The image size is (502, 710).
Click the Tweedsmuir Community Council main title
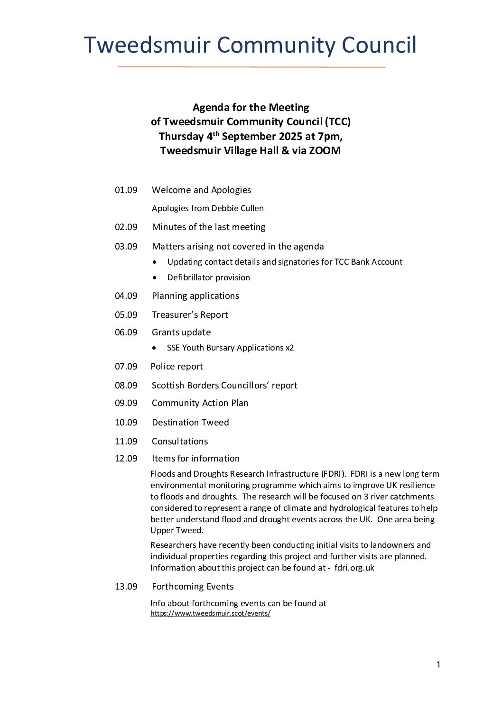click(250, 46)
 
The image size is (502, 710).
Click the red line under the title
click(251, 67)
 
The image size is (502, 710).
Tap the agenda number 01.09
click(126, 190)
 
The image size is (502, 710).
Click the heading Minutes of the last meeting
click(208, 227)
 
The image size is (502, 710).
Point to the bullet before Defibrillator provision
click(155, 277)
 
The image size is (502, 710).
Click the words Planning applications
click(195, 296)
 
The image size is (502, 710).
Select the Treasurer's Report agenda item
click(190, 315)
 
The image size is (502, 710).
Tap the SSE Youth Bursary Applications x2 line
click(230, 348)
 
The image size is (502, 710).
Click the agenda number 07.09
click(126, 367)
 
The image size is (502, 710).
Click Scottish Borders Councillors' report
click(224, 386)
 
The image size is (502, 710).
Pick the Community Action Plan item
click(200, 403)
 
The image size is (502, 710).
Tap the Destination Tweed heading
click(190, 423)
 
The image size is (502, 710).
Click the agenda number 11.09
click(126, 442)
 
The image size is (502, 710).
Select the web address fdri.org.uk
click(354, 568)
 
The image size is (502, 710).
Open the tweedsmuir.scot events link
click(210, 613)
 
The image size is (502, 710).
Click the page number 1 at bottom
click(438, 664)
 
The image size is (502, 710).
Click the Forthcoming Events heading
click(193, 587)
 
